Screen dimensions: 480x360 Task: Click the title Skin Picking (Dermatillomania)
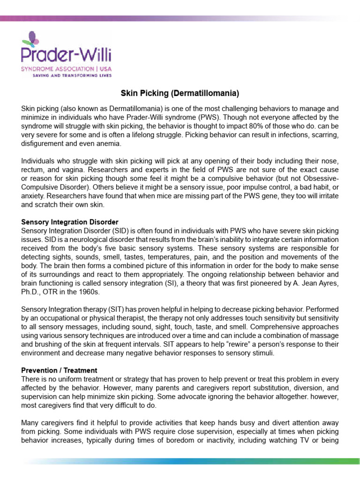[x=180, y=94]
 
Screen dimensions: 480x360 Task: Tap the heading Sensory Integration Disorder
[x=69, y=221]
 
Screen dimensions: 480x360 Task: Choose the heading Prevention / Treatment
[x=59, y=370]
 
